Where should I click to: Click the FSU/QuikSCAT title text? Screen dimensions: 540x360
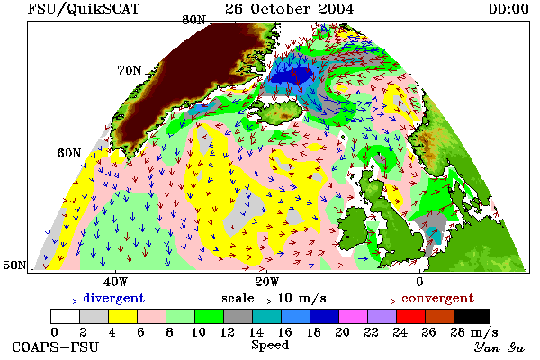pos(84,9)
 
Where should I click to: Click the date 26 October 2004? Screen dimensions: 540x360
pos(289,9)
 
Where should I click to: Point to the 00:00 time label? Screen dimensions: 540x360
pos(508,9)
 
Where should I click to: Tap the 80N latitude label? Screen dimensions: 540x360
pos(193,20)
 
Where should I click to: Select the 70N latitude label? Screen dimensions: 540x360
pos(130,70)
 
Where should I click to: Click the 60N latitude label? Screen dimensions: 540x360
pos(69,153)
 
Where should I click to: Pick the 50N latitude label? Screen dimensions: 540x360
pos(14,265)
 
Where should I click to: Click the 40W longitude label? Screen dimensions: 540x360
pos(115,282)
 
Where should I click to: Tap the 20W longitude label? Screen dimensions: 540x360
pos(267,282)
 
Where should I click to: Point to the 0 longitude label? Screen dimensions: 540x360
pos(419,282)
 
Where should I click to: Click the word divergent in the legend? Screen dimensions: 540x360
pos(113,298)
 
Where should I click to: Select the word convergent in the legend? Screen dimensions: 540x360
pos(437,298)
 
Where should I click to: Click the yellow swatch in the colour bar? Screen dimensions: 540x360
pos(122,316)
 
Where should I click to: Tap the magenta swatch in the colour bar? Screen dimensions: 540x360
pos(354,316)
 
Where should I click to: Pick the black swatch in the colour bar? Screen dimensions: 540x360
pos(472,316)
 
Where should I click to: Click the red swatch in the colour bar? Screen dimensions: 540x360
pos(411,316)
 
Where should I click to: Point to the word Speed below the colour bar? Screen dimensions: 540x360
pos(270,345)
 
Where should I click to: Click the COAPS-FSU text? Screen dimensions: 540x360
pos(56,346)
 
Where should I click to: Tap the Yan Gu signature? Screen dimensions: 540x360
pos(499,347)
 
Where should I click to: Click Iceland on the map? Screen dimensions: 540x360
pos(281,112)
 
